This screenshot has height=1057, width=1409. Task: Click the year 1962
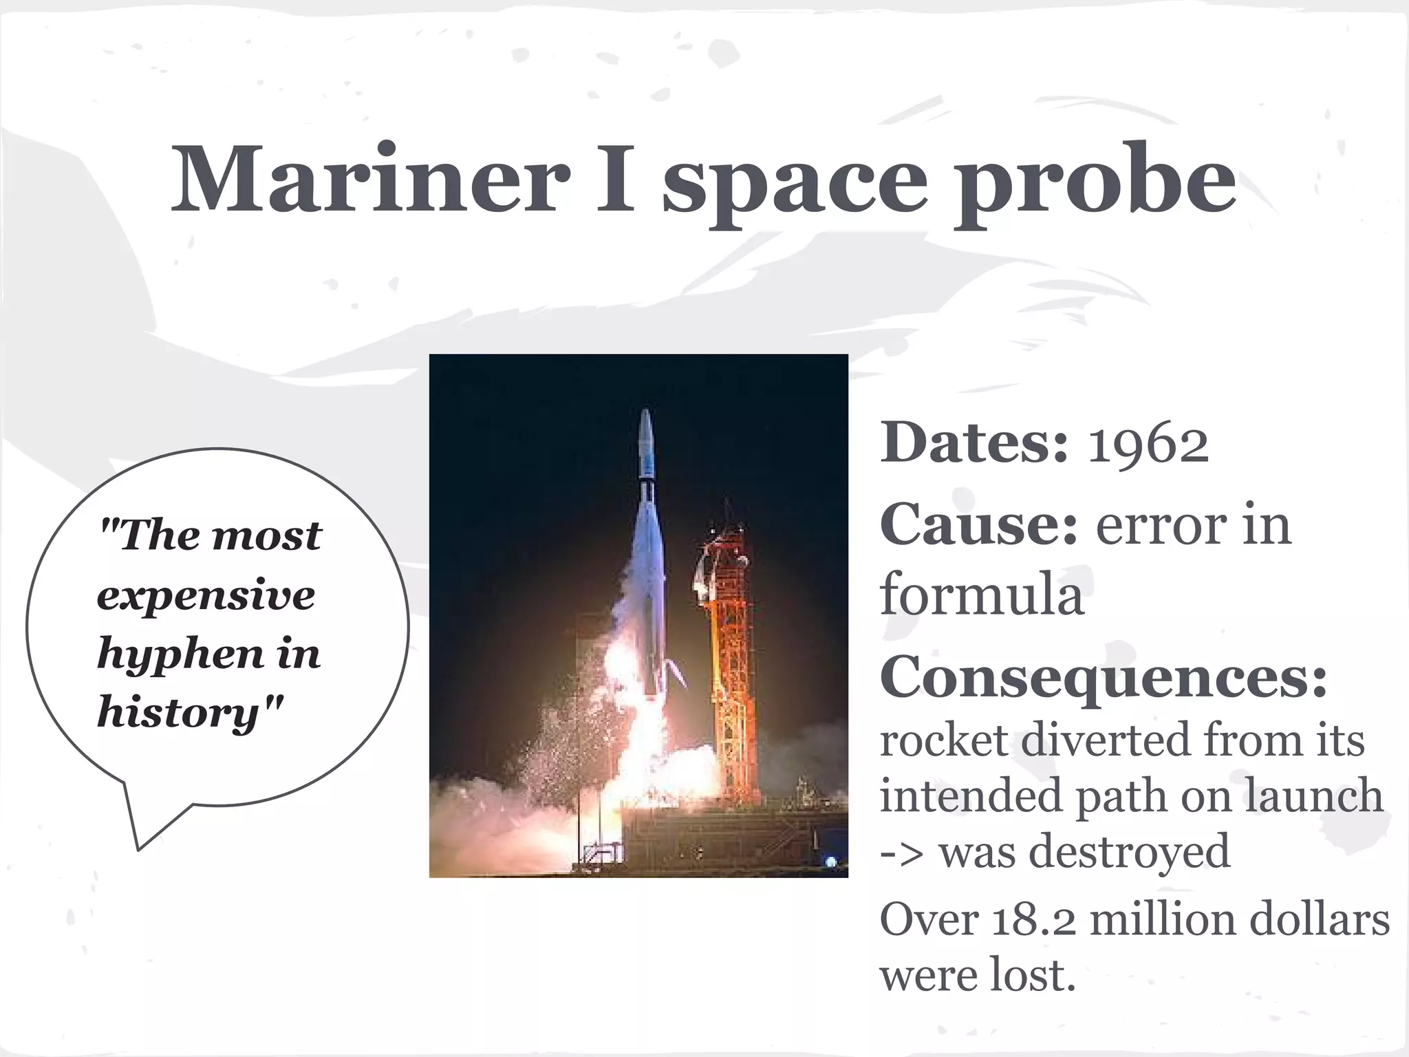click(1148, 445)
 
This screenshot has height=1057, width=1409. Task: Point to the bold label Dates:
click(974, 443)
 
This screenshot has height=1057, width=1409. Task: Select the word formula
click(982, 595)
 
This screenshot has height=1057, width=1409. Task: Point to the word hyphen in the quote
click(180, 655)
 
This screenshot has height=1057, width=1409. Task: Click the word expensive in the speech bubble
click(206, 597)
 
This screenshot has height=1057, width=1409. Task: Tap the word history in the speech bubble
click(178, 713)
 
